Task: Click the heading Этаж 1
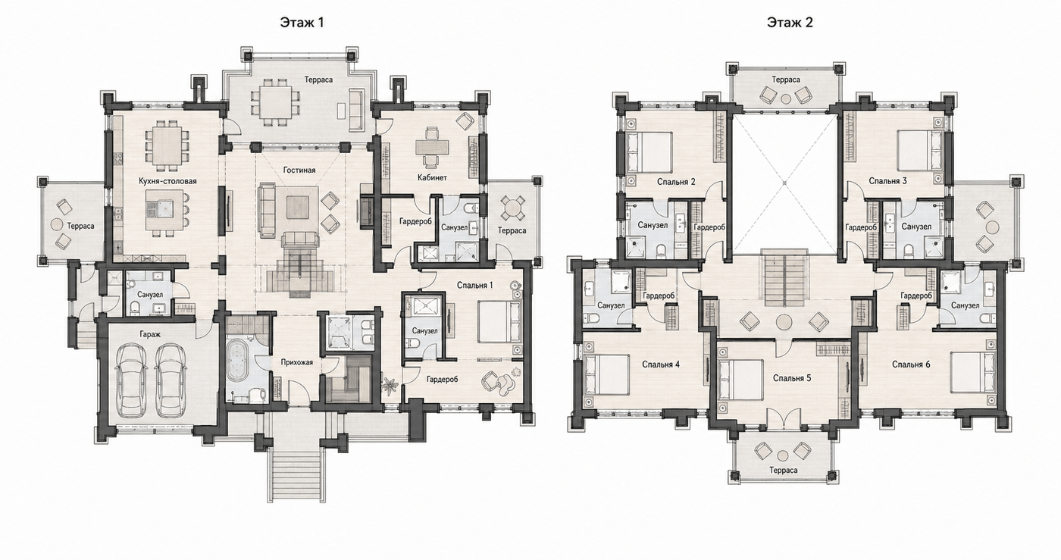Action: click(x=302, y=22)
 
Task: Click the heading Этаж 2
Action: click(x=790, y=22)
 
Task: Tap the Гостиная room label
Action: click(x=299, y=170)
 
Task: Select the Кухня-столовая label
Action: click(x=167, y=181)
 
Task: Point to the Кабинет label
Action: click(x=432, y=177)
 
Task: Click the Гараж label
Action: click(x=150, y=334)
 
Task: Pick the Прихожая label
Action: click(x=297, y=362)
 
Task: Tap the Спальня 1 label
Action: click(x=475, y=285)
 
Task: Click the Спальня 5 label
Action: click(x=792, y=378)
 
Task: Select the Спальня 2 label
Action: click(x=676, y=181)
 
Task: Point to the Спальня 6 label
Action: click(x=911, y=364)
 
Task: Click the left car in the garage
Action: click(x=131, y=380)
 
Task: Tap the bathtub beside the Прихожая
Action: click(x=236, y=362)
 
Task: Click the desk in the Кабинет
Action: click(x=431, y=146)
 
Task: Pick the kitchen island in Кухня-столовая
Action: click(x=164, y=209)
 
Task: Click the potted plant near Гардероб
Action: click(x=390, y=383)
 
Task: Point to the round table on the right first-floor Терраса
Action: click(x=512, y=208)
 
